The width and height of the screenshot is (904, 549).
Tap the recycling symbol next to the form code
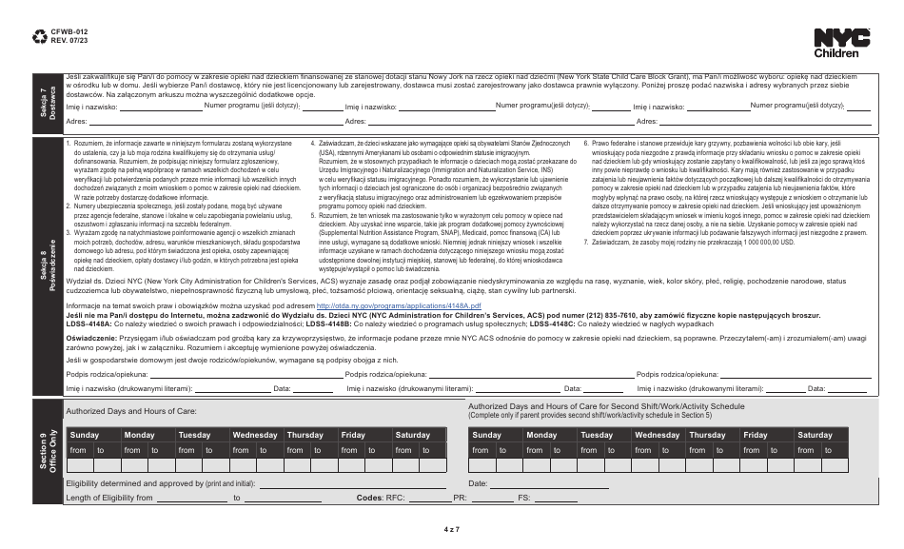[x=39, y=37]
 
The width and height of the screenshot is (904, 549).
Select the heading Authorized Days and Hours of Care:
[x=130, y=410]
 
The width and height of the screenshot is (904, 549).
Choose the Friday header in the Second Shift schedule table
[x=755, y=434]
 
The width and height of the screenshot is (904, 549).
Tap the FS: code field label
[x=523, y=498]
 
